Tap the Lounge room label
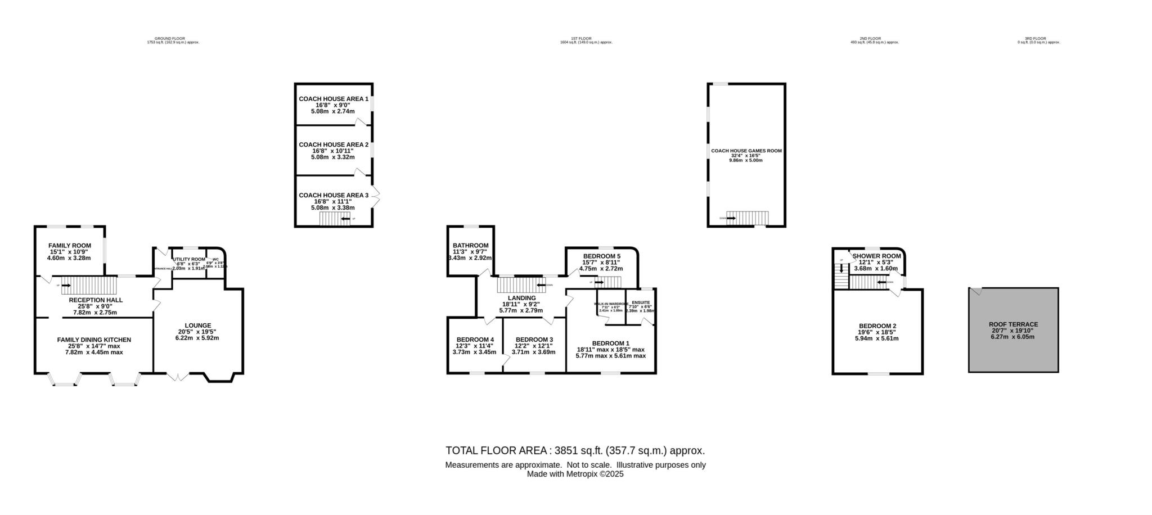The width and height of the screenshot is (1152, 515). pyautogui.click(x=197, y=326)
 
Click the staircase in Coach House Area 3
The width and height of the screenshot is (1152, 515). pyautogui.click(x=334, y=219)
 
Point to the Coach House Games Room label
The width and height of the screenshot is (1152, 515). pyautogui.click(x=746, y=151)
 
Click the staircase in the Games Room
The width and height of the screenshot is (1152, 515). pyautogui.click(x=747, y=218)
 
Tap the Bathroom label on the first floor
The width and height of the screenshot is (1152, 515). pyautogui.click(x=470, y=246)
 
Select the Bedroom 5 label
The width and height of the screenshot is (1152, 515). pyautogui.click(x=601, y=256)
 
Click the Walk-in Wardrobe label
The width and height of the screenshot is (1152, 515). pyautogui.click(x=611, y=304)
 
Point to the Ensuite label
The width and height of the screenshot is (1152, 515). pyautogui.click(x=641, y=303)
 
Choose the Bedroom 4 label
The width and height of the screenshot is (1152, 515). pyautogui.click(x=475, y=340)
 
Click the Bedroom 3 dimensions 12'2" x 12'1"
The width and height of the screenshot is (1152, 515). pyautogui.click(x=533, y=346)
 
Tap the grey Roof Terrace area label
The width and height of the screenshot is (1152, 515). pyautogui.click(x=1013, y=324)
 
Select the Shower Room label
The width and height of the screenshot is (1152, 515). pyautogui.click(x=876, y=256)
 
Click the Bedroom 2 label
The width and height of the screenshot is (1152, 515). pyautogui.click(x=877, y=326)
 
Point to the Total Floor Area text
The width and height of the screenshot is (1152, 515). pyautogui.click(x=574, y=450)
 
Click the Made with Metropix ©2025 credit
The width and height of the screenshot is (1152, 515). pyautogui.click(x=575, y=474)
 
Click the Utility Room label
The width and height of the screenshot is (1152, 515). pyautogui.click(x=189, y=259)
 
